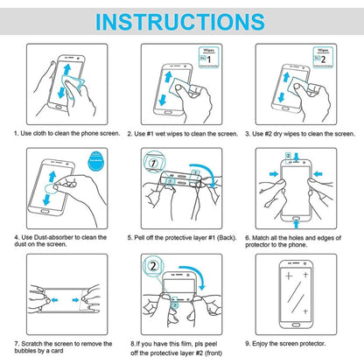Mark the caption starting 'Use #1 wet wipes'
(x=182, y=133)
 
